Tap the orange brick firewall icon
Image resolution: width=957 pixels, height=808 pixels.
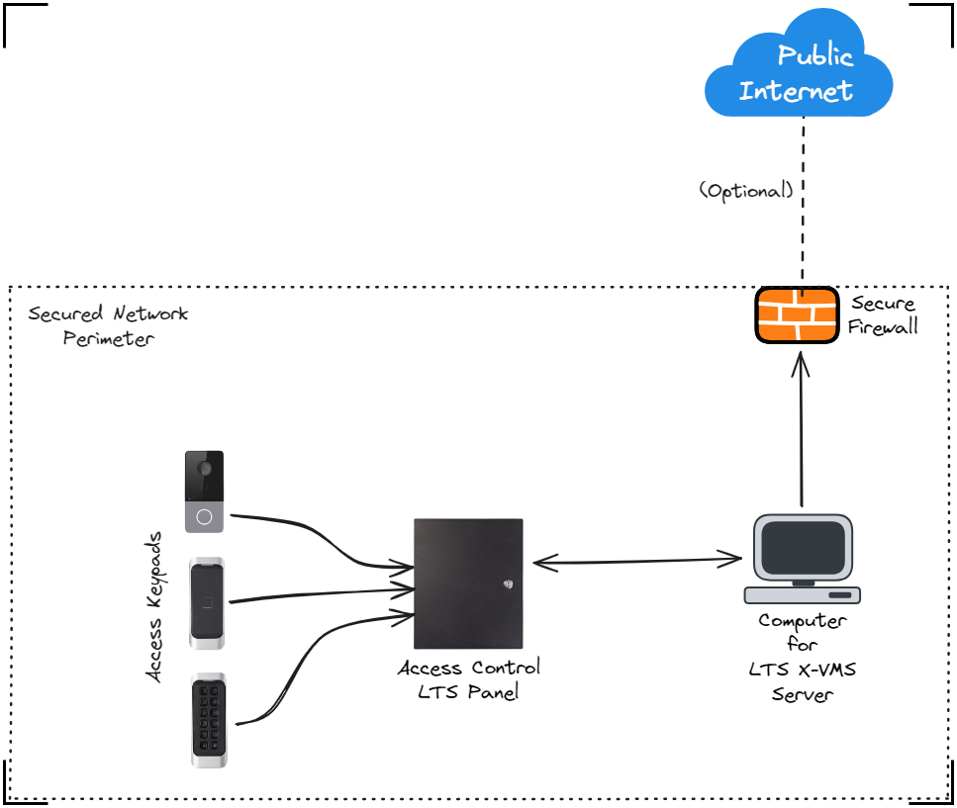[798, 315]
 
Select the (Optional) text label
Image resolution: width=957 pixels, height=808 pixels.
[746, 191]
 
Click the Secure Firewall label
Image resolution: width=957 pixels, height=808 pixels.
[883, 315]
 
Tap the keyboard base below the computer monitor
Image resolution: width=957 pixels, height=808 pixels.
[802, 595]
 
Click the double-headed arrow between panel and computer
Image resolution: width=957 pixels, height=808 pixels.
[638, 562]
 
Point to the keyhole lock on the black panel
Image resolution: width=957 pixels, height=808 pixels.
[510, 584]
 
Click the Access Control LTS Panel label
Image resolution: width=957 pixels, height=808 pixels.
[468, 679]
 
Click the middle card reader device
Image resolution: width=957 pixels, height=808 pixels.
[207, 603]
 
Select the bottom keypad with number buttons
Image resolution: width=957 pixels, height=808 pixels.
[209, 720]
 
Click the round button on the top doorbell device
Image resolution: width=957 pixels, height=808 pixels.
[204, 516]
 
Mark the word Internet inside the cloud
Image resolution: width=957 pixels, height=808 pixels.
[796, 92]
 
